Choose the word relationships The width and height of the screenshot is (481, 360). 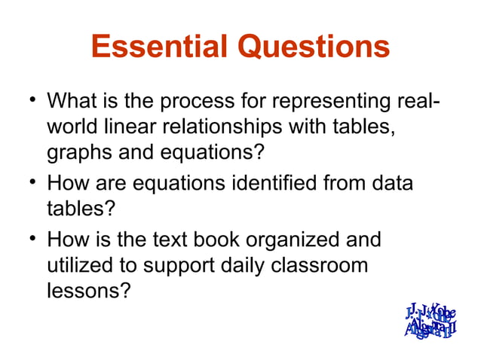click(x=247, y=127)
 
